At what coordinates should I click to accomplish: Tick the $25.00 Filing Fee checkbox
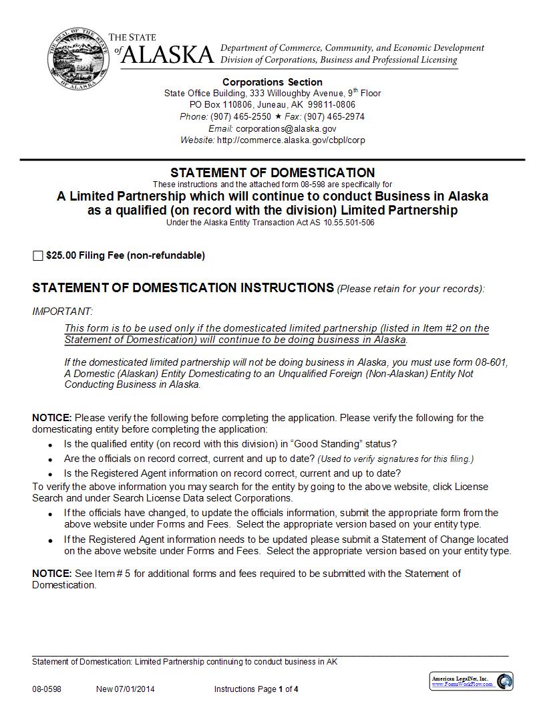tap(37, 255)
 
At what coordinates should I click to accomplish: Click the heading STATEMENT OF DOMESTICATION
tap(272, 172)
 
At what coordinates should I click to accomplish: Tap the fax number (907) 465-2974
tap(334, 116)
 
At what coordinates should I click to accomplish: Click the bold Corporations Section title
tap(272, 82)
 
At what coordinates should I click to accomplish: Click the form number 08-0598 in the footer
tap(46, 689)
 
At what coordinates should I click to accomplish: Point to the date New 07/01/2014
tap(125, 689)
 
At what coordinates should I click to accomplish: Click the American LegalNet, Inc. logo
tap(472, 681)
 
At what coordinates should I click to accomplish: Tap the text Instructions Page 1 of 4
tap(256, 689)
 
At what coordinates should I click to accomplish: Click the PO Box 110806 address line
tap(272, 105)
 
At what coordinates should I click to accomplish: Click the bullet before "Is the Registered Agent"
tap(51, 473)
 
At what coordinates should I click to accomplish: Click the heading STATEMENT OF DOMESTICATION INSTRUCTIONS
tap(183, 288)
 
